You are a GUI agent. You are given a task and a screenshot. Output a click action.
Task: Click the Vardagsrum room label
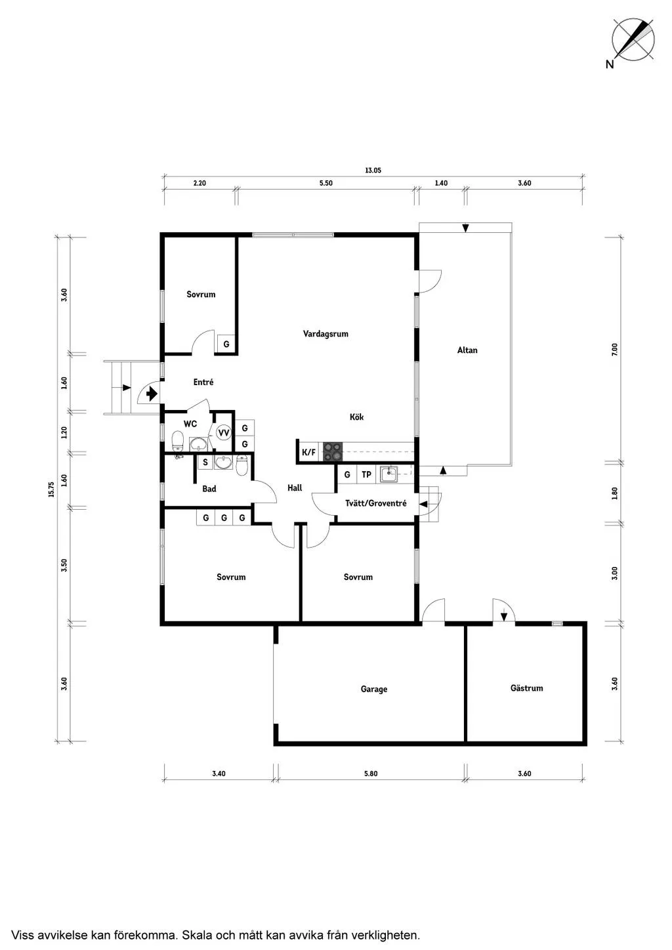click(x=325, y=334)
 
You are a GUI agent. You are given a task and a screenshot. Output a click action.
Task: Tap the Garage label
click(x=374, y=689)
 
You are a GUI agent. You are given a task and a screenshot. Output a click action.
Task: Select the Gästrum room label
click(x=526, y=688)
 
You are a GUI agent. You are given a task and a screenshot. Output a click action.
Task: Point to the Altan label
click(x=467, y=350)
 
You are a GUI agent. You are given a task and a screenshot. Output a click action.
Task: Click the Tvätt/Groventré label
click(x=376, y=503)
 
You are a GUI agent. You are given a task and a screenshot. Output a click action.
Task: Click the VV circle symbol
click(x=223, y=432)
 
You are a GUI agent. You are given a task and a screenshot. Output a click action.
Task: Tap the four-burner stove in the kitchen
click(x=333, y=451)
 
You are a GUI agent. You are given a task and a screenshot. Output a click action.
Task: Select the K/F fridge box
click(x=308, y=452)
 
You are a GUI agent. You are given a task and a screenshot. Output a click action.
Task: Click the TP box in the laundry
click(x=366, y=474)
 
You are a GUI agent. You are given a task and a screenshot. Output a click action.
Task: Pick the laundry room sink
click(x=388, y=474)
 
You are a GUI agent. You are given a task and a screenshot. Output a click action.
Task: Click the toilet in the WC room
click(x=177, y=441)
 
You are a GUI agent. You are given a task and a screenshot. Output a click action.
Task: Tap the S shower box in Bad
click(x=205, y=462)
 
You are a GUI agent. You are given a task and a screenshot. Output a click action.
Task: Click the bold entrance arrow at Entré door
click(x=152, y=394)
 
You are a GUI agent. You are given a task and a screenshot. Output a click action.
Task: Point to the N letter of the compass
click(x=610, y=64)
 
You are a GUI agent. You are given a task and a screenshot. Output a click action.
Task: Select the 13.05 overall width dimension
click(x=373, y=171)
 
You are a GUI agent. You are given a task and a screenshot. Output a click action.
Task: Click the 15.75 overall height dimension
click(x=51, y=489)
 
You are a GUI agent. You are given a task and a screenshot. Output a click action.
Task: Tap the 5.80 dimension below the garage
click(x=370, y=774)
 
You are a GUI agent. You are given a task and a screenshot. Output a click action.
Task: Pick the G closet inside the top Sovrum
click(x=226, y=344)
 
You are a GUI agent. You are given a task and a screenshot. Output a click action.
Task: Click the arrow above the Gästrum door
click(x=503, y=615)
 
